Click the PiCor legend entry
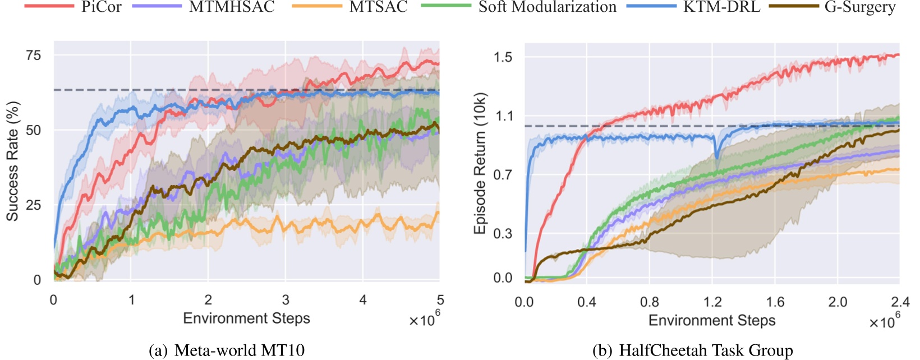101,7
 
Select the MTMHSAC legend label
232,7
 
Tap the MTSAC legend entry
378,7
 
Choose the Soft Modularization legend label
547,7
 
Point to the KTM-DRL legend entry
721,7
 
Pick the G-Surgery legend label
859,7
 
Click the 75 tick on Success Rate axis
33,55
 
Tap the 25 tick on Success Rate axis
33,205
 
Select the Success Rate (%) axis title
12,161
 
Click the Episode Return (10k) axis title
480,163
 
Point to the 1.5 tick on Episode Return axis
503,57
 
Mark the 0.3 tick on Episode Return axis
503,233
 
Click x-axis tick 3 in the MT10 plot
286,300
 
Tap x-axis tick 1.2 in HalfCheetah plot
712,302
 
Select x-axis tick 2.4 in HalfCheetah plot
899,302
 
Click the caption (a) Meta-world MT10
227,350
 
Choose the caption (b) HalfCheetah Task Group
692,350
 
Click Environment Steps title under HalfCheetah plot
712,321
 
